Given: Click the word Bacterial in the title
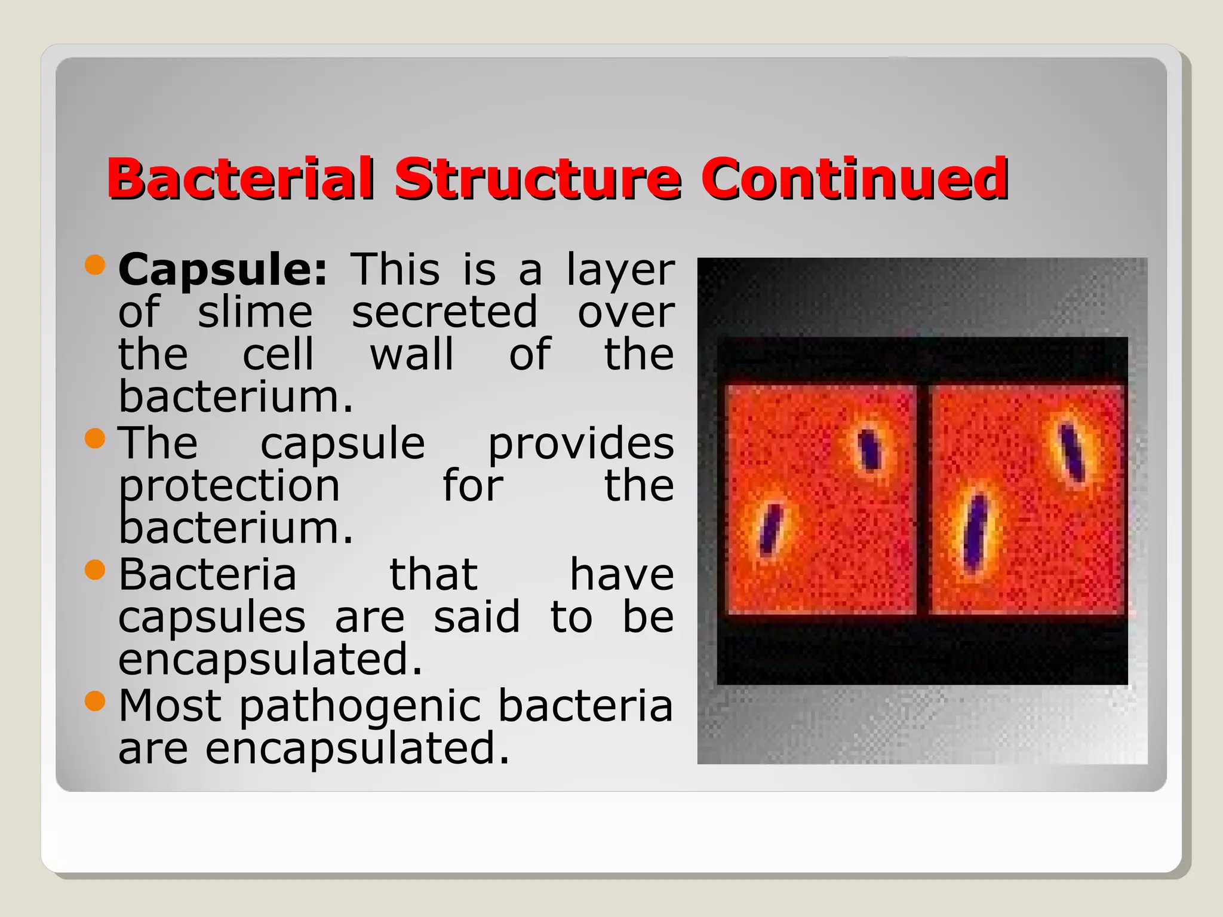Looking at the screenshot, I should pyautogui.click(x=241, y=179).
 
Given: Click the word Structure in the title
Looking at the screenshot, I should pyautogui.click(x=537, y=179).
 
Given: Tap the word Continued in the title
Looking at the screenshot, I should pyautogui.click(x=855, y=179).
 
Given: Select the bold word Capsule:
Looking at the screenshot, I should pyautogui.click(x=223, y=270).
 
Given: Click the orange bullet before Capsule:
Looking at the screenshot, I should pyautogui.click(x=95, y=264).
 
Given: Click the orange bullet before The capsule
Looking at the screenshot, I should pyautogui.click(x=95, y=439).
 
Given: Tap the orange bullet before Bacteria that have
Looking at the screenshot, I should pyautogui.click(x=95, y=570).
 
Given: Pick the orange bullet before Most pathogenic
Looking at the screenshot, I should pyautogui.click(x=95, y=701).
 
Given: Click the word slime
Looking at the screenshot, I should pyautogui.click(x=255, y=312).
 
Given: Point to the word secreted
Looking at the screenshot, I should pyautogui.click(x=444, y=312).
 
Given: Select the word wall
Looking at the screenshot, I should pyautogui.click(x=411, y=355).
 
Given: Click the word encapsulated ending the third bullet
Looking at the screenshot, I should pyautogui.click(x=270, y=660).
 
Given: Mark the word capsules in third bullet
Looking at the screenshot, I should pyautogui.click(x=212, y=618).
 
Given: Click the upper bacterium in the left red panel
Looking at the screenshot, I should pyautogui.click(x=869, y=449).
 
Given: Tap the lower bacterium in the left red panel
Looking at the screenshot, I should pyautogui.click(x=770, y=528).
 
